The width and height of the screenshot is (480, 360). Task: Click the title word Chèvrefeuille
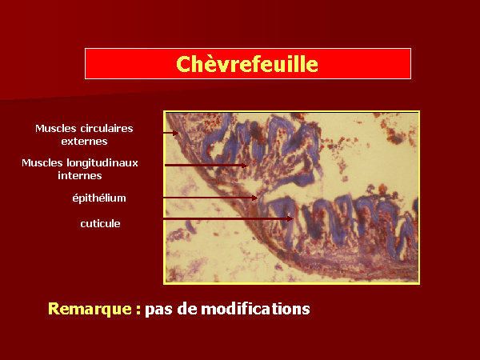click(x=247, y=64)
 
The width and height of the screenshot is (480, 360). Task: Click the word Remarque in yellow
click(x=90, y=309)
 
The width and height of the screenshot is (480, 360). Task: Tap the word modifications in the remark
click(x=255, y=309)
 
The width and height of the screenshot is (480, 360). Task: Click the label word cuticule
click(x=100, y=223)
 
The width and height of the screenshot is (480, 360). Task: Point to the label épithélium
click(x=99, y=198)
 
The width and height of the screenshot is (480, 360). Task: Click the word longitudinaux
click(x=102, y=163)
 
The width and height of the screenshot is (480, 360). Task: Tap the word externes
click(x=84, y=142)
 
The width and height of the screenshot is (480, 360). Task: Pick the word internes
click(x=79, y=176)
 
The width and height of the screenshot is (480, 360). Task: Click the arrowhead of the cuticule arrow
click(x=290, y=218)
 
